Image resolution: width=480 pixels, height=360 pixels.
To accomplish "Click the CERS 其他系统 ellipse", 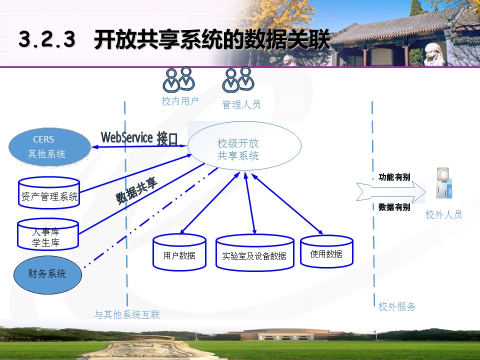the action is [x=49, y=147].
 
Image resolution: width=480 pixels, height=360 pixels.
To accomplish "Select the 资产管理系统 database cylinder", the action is [x=49, y=193].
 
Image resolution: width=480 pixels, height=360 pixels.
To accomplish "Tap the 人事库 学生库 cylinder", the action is [x=48, y=234].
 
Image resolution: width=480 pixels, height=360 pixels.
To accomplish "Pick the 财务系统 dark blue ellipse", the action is [x=48, y=275].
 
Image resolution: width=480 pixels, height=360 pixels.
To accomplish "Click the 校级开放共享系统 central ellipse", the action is [x=244, y=145].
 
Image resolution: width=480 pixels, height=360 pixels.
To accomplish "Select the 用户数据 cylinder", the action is [x=179, y=252].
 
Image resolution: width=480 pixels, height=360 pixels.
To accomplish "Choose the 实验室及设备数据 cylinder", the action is [x=254, y=253].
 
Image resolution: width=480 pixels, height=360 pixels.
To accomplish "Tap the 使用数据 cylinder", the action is [x=326, y=251].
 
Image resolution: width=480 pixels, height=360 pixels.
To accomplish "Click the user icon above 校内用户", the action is [x=179, y=79].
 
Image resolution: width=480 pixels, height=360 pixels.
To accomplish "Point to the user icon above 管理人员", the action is [x=238, y=79].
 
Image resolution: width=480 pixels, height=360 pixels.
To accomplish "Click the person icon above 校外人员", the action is [x=444, y=183].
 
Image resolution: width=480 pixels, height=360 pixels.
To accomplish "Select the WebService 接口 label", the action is [x=139, y=138].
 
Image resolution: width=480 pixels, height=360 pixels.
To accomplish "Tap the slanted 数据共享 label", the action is [x=136, y=190].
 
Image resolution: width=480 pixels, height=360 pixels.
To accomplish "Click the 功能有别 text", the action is [x=394, y=177].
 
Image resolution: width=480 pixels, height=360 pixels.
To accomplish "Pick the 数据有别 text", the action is [x=394, y=207].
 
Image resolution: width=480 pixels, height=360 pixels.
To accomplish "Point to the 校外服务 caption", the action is [x=396, y=306].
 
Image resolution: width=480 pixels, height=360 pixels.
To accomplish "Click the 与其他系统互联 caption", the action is [x=126, y=314].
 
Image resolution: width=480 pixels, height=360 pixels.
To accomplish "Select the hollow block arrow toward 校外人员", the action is [x=391, y=192].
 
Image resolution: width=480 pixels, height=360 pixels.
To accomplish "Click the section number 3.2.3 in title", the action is [x=47, y=39].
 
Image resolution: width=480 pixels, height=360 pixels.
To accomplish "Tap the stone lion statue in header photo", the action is [x=435, y=54].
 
